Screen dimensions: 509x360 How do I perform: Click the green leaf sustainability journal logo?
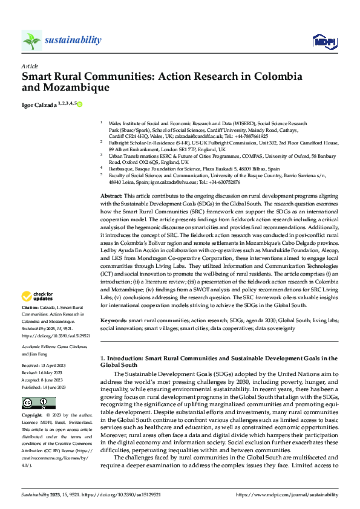click(x=32, y=41)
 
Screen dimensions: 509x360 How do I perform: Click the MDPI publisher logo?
click(x=324, y=41)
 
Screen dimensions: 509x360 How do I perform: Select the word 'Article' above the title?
click(x=30, y=66)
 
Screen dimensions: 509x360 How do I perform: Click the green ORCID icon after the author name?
click(x=79, y=104)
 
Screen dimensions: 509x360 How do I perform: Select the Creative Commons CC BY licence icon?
click(x=38, y=403)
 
